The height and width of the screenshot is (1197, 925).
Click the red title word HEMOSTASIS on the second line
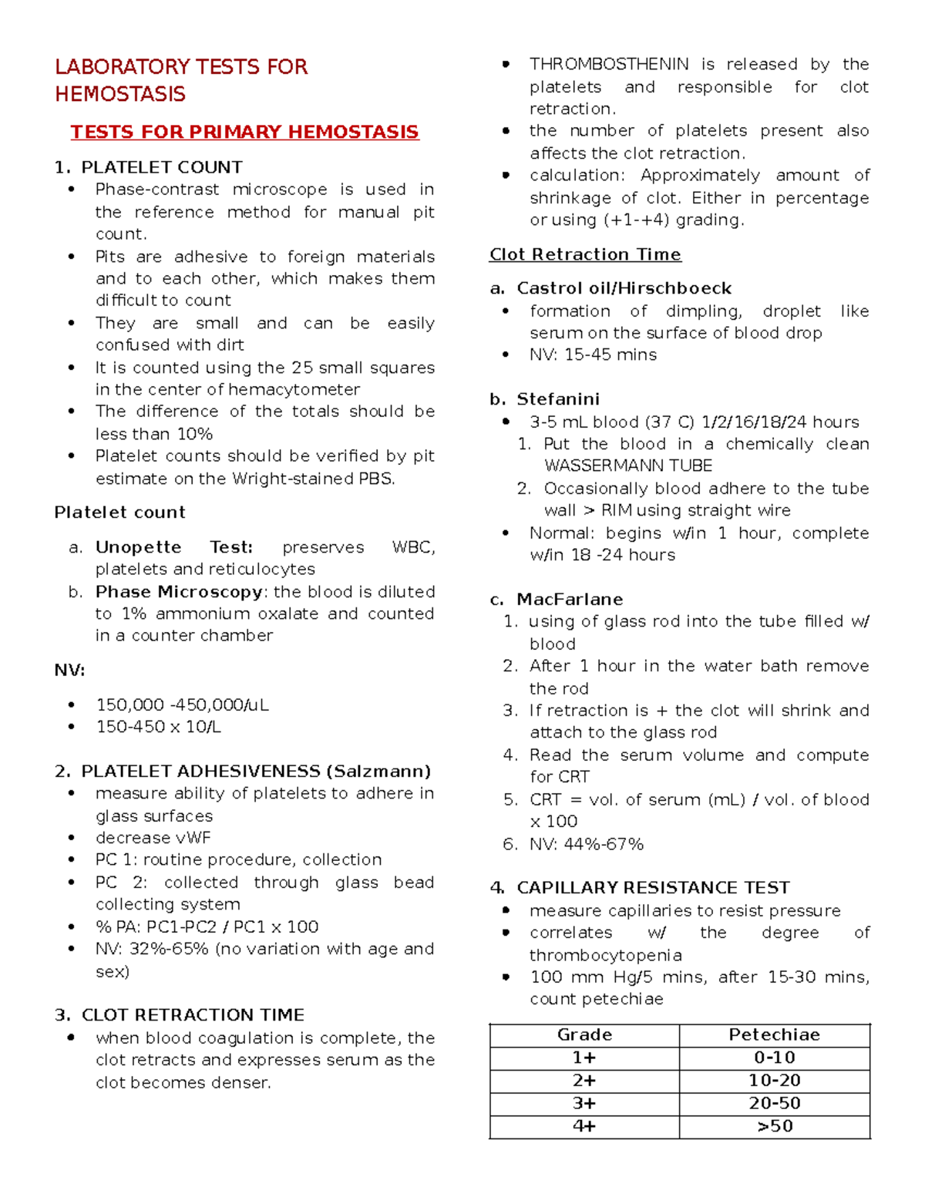point(120,94)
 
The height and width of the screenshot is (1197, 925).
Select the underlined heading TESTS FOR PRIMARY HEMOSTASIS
point(244,132)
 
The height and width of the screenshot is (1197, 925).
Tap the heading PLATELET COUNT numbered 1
point(161,167)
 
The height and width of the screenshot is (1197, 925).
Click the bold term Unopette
point(138,547)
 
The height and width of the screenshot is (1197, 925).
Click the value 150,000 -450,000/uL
point(182,704)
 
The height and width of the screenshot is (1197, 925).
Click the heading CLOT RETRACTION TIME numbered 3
point(193,1014)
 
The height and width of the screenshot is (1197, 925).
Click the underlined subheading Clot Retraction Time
point(585,254)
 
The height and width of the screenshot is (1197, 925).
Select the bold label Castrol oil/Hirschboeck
point(624,288)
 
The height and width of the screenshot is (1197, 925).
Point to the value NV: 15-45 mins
point(593,355)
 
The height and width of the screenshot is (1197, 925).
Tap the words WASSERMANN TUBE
point(628,466)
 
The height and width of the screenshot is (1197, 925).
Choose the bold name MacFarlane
point(570,600)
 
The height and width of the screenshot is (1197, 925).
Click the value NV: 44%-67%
point(586,844)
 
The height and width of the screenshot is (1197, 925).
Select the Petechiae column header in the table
point(774,1034)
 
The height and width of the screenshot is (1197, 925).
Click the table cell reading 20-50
point(774,1103)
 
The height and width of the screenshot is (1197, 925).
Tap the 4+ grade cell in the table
point(584,1126)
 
